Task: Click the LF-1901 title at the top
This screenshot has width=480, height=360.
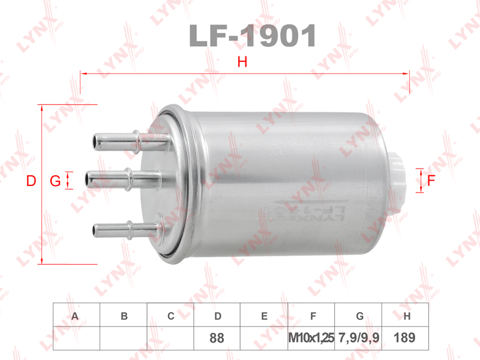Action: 252,36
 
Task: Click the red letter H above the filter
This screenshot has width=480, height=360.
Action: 242,61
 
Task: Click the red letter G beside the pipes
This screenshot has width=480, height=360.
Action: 55,181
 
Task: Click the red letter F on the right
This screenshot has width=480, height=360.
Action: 431,179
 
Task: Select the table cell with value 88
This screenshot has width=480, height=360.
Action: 217,338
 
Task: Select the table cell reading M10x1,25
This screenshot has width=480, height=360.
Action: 311,338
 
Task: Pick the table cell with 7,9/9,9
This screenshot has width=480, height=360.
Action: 359,338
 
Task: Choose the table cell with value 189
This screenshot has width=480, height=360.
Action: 406,338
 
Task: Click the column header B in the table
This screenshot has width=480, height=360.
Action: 124,316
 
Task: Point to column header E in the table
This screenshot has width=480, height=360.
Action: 264,316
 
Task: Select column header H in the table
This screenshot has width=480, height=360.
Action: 406,316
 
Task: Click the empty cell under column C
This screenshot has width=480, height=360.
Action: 170,338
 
